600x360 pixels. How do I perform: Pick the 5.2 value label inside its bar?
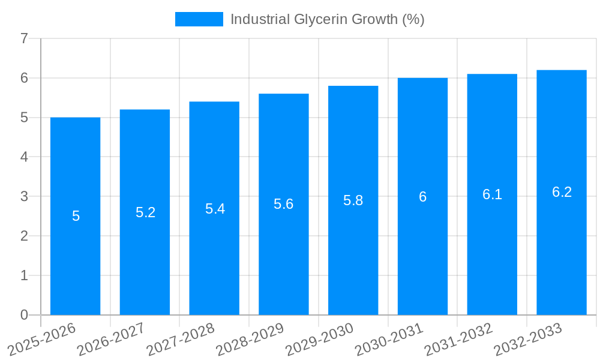145,212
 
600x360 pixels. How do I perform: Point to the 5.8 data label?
353,200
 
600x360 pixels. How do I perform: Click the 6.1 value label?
492,194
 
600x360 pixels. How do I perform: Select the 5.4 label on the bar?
215,208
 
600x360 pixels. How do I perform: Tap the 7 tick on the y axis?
24,39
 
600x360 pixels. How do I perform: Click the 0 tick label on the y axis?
24,315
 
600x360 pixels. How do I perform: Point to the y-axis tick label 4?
24,157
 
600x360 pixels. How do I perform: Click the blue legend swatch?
199,19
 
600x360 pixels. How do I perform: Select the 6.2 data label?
562,192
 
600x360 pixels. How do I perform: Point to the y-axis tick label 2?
24,236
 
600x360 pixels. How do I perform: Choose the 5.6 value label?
283,204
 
